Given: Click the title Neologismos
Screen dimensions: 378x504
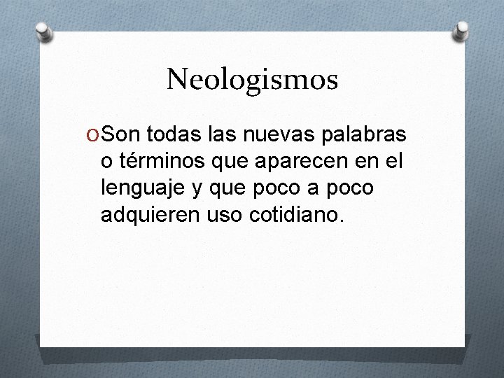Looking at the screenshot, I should (x=252, y=79).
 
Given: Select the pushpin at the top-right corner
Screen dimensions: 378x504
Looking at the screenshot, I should (x=462, y=30).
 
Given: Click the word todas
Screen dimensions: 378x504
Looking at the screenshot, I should (x=169, y=134).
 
